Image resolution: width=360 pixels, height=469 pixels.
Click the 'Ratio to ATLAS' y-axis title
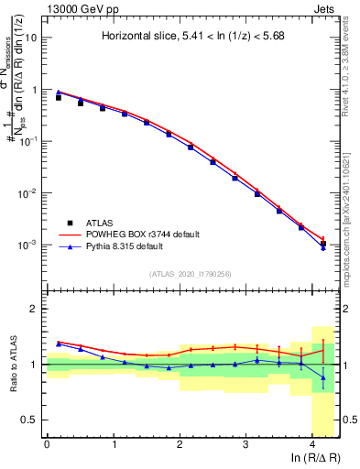(x=13, y=364)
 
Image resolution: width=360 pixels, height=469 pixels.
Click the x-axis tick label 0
(x=47, y=444)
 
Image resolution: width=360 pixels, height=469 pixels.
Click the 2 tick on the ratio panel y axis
(x=37, y=309)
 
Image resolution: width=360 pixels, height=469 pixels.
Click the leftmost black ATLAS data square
(x=59, y=96)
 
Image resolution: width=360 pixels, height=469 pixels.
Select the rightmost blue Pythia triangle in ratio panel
(x=323, y=376)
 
